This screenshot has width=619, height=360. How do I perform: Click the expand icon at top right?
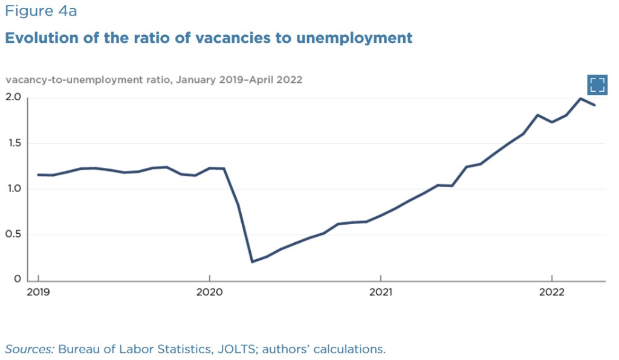coord(597,85)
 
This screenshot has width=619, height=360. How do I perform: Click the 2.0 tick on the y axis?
coord(14,97)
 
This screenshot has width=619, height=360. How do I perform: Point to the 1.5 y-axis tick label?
coord(14,143)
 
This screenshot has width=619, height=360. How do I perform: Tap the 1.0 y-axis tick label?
coord(14,188)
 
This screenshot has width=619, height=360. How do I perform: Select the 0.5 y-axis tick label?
coord(14,234)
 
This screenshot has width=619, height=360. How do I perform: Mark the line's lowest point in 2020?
coord(252,262)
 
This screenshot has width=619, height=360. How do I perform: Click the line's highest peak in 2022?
coord(580,98)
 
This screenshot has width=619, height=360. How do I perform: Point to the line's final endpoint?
coord(595,105)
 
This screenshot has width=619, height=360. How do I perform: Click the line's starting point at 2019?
coord(38,175)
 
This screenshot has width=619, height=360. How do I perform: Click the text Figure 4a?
coord(41,11)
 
